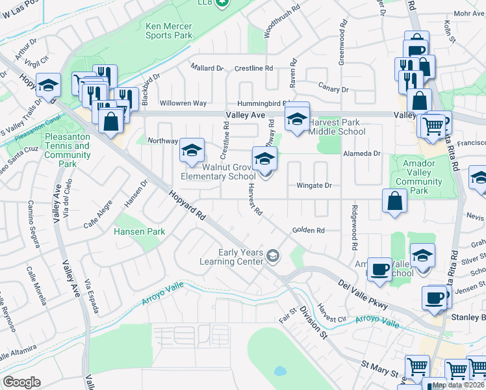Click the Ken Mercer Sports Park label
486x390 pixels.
168,31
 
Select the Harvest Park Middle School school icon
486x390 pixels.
297,118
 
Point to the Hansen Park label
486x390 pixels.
139,231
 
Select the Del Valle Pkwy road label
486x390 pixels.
363,294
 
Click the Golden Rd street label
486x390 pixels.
308,230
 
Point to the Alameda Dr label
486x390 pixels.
362,153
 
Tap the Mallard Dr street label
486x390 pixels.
207,68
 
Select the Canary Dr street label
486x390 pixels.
333,88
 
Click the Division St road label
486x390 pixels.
312,322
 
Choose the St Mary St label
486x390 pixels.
379,372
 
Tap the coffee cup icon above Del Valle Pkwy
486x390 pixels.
379,269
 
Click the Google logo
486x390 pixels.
22,382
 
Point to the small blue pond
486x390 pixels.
280,372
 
